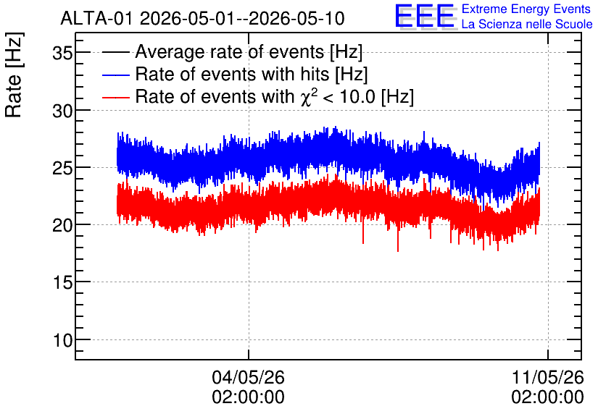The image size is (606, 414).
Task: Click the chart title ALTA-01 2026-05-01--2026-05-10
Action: [x=202, y=18]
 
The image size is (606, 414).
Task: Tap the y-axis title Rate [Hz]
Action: [x=14, y=75]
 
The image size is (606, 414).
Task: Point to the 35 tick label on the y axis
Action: [x=62, y=53]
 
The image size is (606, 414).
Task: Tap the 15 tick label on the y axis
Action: [x=62, y=283]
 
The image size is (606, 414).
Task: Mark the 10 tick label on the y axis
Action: [x=62, y=341]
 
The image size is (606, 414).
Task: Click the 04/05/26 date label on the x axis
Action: [x=248, y=377]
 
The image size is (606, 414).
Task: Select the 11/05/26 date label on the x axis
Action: [x=547, y=377]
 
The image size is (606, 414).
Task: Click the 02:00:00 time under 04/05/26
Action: [x=248, y=397]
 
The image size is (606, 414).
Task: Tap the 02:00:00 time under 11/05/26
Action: [x=547, y=397]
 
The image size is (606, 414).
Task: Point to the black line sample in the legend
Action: [x=115, y=52]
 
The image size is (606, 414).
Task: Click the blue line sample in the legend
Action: [x=115, y=75]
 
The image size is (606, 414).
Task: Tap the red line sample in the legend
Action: [x=115, y=97]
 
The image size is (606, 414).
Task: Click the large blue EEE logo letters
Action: [x=425, y=16]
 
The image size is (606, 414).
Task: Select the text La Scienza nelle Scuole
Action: [x=527, y=25]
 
